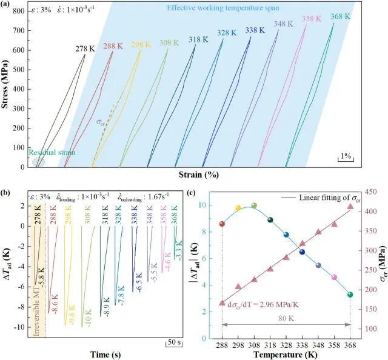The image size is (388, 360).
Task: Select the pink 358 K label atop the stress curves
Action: [x=312, y=19]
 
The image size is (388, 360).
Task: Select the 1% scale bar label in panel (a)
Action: [x=346, y=156]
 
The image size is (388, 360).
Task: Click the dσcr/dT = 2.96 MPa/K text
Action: [x=264, y=304]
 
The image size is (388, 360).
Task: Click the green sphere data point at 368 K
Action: [x=350, y=295]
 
